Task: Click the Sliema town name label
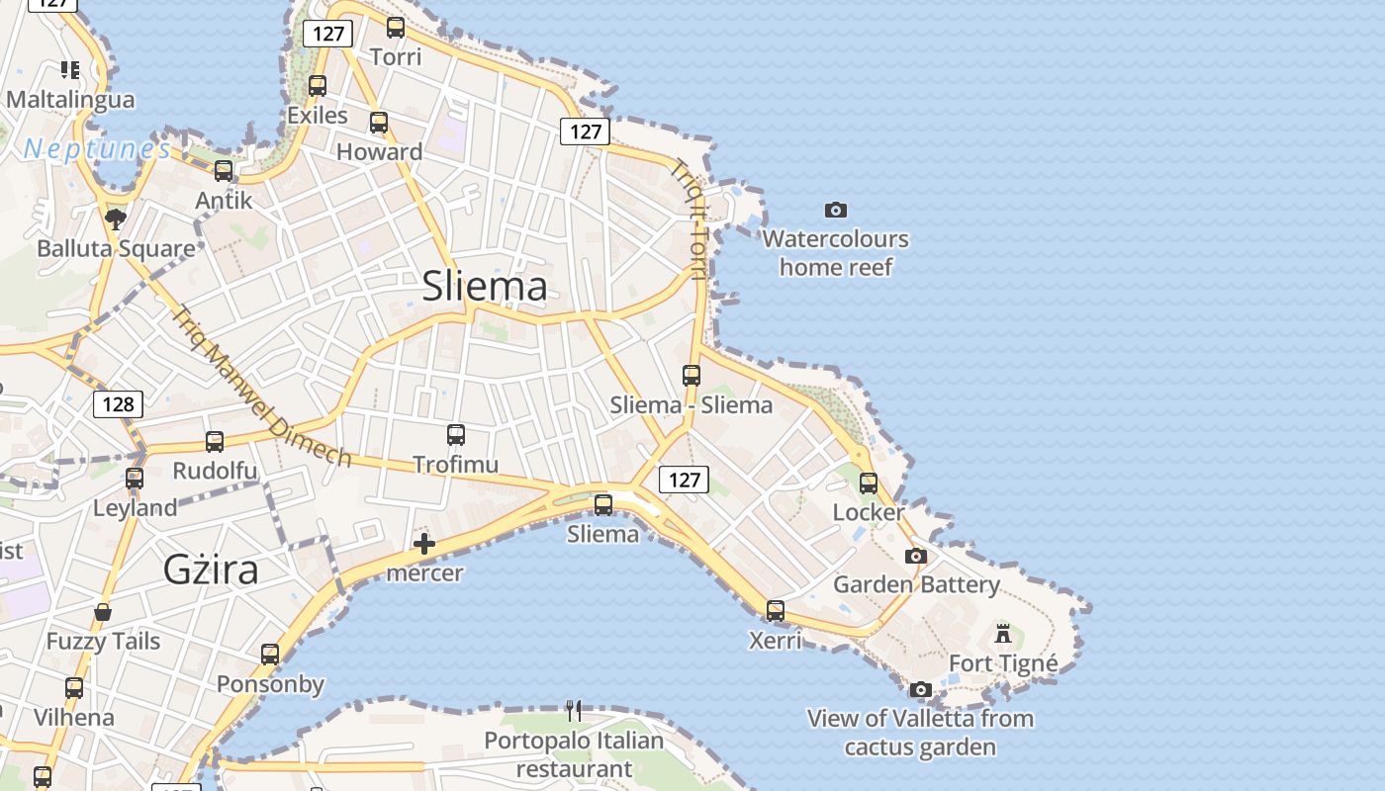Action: coord(485,286)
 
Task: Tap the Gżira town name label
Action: coord(211,570)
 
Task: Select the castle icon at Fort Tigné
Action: coord(1003,633)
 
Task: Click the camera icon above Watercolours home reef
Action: coord(836,210)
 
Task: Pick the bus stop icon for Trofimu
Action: coord(455,434)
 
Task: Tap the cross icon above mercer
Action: coord(424,543)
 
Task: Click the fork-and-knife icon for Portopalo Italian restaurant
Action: coord(574,710)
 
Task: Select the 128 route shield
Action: coord(118,403)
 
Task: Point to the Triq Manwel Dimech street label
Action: coord(261,387)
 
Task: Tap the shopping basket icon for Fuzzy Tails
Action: coord(103,613)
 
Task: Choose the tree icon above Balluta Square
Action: coord(116,219)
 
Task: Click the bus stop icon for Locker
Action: coord(869,483)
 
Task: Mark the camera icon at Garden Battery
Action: coord(916,556)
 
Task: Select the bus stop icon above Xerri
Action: coord(776,610)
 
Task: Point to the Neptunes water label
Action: coord(97,149)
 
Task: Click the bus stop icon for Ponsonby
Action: coord(270,654)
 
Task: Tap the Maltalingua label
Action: coord(70,100)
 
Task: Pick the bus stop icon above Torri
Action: coord(396,28)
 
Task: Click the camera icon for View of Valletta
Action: coord(921,689)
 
